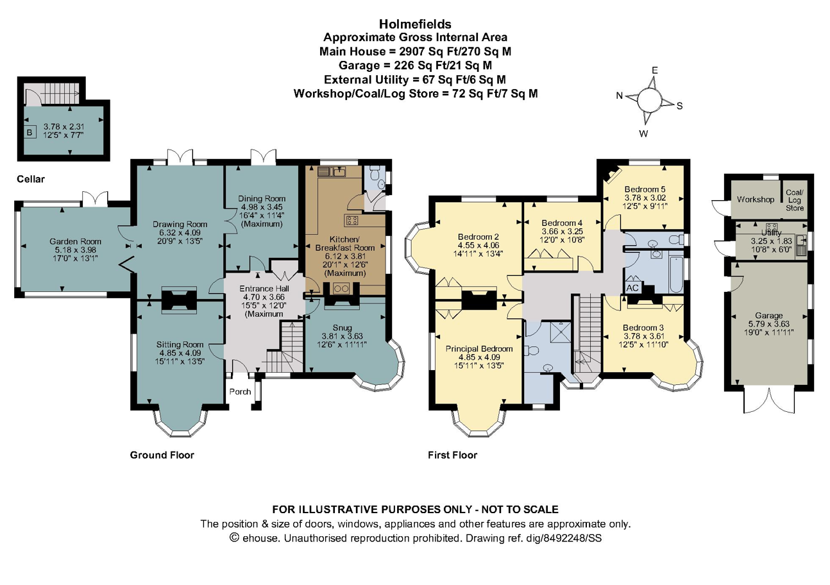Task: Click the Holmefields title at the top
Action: tap(415, 24)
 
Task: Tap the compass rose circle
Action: tap(649, 99)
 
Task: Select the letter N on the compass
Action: tap(619, 96)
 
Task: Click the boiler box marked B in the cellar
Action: tap(30, 132)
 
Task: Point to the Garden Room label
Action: tap(75, 242)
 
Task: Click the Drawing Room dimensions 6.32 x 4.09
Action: tap(180, 233)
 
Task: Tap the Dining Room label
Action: tap(262, 199)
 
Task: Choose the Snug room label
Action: tap(342, 328)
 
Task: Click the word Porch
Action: tap(240, 392)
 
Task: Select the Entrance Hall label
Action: tap(264, 289)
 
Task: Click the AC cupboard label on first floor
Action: tap(632, 288)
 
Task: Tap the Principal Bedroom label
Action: tap(479, 349)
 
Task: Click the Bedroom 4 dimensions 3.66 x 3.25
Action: tap(562, 231)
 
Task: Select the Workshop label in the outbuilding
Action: tap(755, 199)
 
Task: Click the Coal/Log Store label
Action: tap(795, 200)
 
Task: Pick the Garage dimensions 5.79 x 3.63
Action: tap(769, 324)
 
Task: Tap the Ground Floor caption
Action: tap(162, 455)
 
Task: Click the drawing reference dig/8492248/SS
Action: tap(564, 538)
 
